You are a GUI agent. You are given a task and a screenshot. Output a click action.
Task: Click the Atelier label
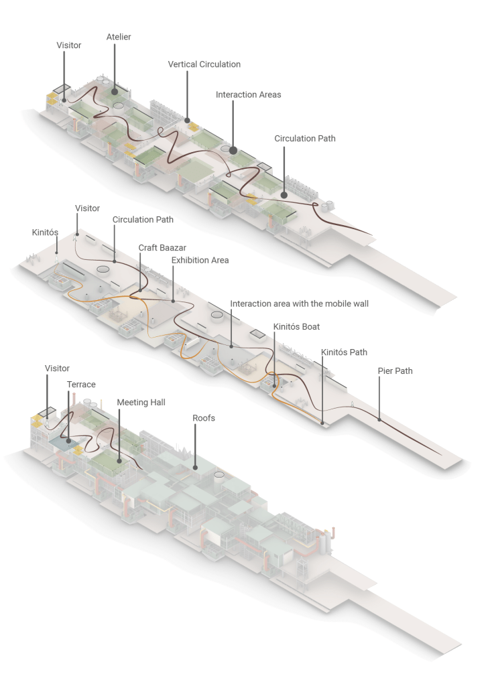pos(119,37)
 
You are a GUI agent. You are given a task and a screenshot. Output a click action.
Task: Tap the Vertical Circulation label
pos(204,64)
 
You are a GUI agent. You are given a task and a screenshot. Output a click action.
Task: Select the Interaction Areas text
pos(248,95)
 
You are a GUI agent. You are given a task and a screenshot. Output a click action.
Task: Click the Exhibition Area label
pos(200,260)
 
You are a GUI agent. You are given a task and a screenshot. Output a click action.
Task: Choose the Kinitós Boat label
pos(296,327)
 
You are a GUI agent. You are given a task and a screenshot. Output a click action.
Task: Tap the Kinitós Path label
pos(344,352)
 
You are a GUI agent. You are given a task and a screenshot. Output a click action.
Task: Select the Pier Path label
pos(395,370)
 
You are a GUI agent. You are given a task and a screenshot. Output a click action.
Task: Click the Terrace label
pos(81,385)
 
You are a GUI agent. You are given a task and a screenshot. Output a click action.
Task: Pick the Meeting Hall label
pos(141,403)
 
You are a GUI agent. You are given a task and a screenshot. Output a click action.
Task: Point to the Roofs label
pos(204,417)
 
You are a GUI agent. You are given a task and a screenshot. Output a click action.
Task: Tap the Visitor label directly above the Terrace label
pos(57,368)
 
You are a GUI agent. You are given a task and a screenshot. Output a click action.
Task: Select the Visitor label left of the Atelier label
pos(68,46)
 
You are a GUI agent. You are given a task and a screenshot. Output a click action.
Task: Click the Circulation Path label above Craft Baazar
pos(143,220)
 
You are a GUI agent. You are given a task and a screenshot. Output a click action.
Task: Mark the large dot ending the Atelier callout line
pos(115,90)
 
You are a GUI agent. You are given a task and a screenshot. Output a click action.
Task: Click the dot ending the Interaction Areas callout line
pos(233,150)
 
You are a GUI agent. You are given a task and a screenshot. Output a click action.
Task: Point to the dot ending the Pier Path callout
pos(379,420)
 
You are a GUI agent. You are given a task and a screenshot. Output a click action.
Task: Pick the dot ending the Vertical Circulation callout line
pos(187,121)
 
